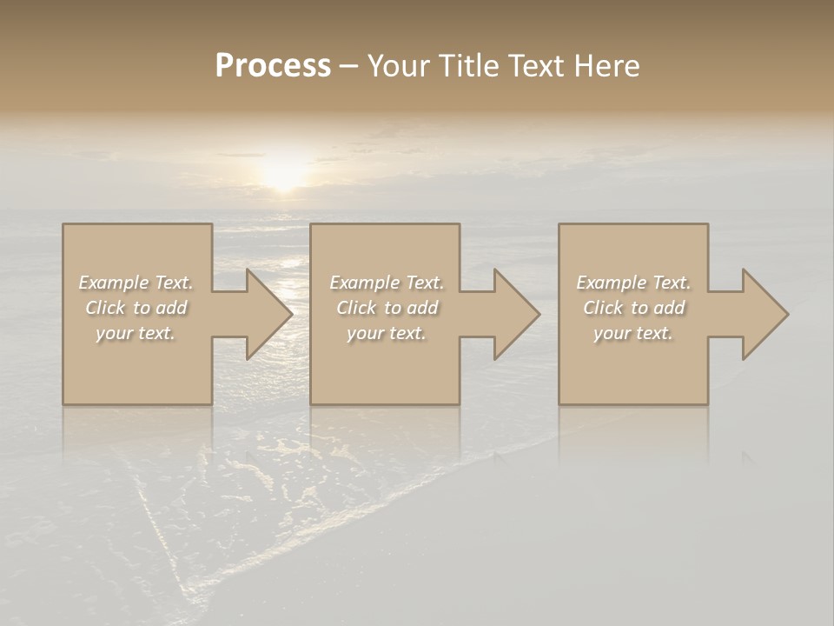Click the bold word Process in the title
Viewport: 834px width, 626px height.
(273, 65)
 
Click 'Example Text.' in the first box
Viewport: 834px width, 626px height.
(136, 283)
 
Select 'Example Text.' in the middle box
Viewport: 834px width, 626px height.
(387, 283)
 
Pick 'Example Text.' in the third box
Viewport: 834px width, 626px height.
(633, 283)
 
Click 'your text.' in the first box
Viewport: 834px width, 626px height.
(136, 333)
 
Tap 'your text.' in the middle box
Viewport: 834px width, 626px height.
(387, 333)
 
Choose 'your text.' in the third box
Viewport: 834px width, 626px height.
(633, 333)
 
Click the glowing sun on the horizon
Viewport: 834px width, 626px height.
(284, 170)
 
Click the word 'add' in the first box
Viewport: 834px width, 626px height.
(171, 308)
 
